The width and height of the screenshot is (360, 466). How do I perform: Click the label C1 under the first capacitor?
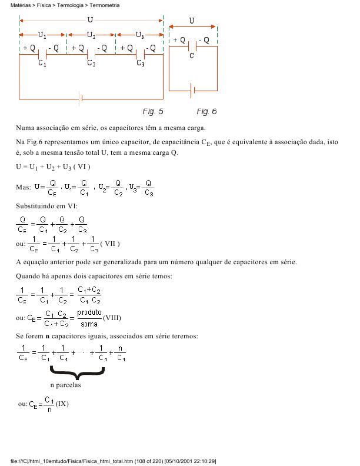tap(42, 64)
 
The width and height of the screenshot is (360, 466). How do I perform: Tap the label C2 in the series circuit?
tap(91, 64)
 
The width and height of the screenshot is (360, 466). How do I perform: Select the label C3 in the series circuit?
tap(140, 64)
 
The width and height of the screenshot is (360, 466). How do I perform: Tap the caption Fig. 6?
tap(206, 111)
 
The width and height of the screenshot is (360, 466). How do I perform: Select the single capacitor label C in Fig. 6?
tap(192, 56)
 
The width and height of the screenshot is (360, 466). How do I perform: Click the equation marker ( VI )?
tap(82, 167)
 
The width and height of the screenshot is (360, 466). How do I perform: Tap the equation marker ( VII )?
tap(110, 243)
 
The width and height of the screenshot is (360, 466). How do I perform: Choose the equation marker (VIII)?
tap(112, 318)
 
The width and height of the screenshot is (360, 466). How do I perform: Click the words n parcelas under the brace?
tap(65, 385)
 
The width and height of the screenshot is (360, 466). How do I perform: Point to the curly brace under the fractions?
tap(77, 372)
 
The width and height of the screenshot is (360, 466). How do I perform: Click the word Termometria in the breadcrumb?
tap(105, 5)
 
